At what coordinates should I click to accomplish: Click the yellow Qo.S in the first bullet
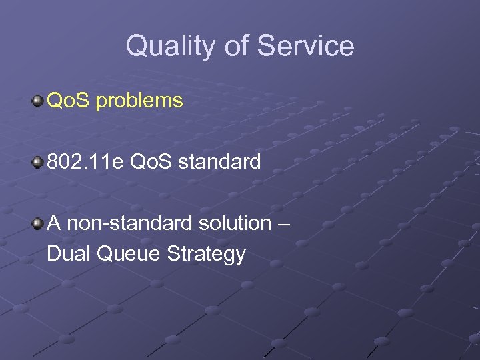69,101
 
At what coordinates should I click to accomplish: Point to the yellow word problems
139,101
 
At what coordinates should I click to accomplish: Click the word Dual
69,253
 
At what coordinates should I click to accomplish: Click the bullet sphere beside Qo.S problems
37,101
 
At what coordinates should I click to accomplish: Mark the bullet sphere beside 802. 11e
37,162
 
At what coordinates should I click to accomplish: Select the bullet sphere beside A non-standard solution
37,223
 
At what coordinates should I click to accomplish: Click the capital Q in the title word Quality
136,46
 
